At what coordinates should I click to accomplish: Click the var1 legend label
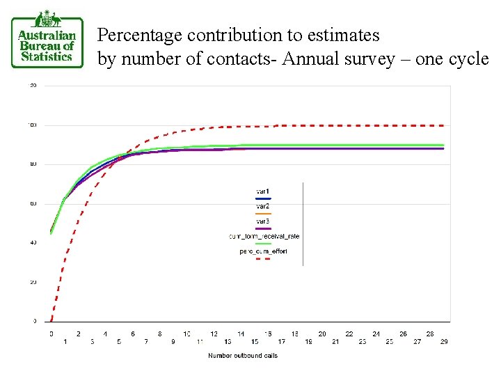263,191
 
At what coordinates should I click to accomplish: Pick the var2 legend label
263,206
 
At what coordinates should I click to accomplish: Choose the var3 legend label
263,221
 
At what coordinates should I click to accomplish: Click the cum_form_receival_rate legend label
264,236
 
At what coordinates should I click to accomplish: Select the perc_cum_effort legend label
263,251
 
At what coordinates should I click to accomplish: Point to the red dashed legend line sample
263,258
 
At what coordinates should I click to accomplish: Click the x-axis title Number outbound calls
243,356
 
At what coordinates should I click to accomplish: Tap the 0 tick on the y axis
35,322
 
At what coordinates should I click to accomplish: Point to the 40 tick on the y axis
33,243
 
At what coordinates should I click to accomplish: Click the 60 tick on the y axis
33,204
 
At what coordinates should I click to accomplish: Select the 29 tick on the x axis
443,341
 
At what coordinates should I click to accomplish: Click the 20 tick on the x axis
321,334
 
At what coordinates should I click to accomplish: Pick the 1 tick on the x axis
65,341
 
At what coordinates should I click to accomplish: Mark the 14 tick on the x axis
241,334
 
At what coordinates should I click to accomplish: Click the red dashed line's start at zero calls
51,320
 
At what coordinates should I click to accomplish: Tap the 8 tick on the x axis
159,334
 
